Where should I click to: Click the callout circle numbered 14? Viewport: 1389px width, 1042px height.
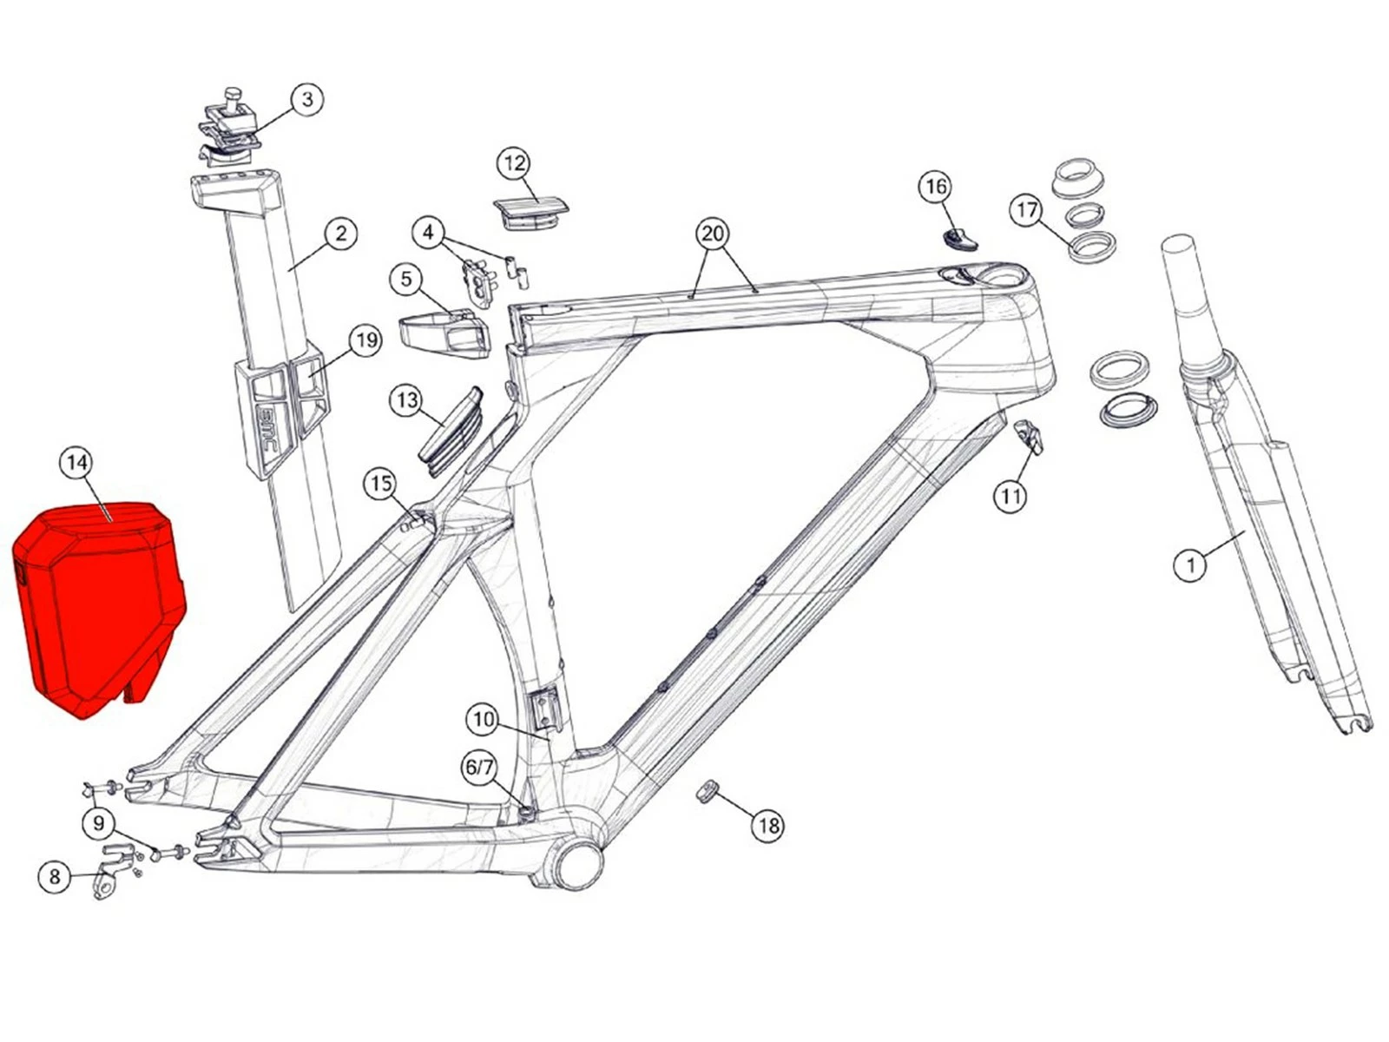point(76,463)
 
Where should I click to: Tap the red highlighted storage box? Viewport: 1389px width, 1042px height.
point(99,610)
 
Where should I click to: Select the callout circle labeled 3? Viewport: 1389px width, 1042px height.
point(307,99)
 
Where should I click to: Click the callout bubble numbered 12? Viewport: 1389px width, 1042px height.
point(514,164)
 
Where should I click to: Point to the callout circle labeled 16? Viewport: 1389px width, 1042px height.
point(936,187)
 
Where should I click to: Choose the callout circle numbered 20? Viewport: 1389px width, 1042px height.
point(713,234)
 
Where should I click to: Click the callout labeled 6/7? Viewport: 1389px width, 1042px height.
point(480,768)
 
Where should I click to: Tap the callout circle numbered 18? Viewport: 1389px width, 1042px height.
point(768,826)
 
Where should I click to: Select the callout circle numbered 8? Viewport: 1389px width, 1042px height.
point(55,877)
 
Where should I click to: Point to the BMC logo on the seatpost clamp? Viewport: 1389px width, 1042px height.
point(270,430)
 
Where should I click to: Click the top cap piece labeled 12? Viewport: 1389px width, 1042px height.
point(530,214)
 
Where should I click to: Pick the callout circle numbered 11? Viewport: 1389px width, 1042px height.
point(1010,497)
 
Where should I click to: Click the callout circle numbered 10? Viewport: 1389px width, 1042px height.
point(483,719)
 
